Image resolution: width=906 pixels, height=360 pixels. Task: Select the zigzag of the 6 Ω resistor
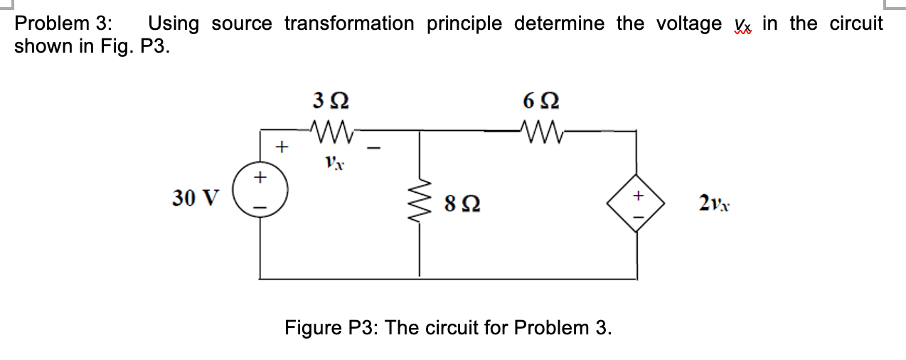pyautogui.click(x=538, y=130)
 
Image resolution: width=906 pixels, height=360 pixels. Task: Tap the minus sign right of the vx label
pyautogui.click(x=378, y=149)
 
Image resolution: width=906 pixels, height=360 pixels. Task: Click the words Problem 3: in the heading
pyautogui.click(x=64, y=23)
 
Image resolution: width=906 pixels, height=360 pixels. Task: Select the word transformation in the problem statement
pyautogui.click(x=349, y=23)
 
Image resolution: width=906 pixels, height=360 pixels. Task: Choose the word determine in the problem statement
pyautogui.click(x=562, y=23)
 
